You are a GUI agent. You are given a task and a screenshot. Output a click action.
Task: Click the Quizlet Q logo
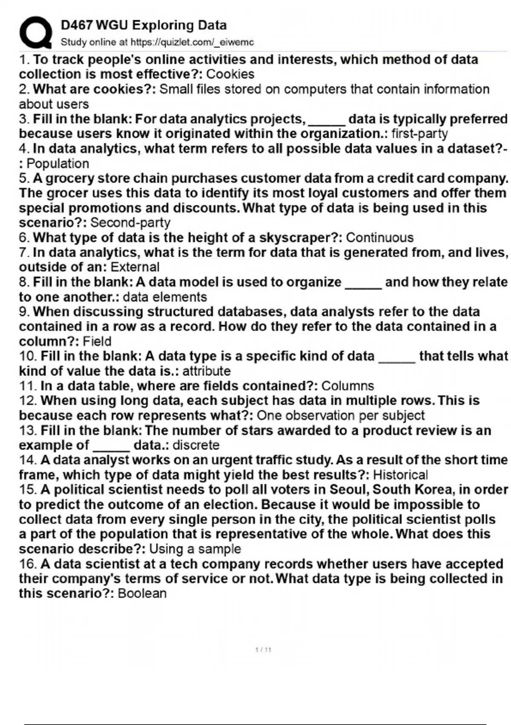click(35, 33)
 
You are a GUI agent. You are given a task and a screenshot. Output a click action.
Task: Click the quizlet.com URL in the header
click(192, 42)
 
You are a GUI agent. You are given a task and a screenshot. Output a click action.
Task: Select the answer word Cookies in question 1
click(230, 74)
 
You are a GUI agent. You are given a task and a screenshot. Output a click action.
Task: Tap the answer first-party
click(419, 133)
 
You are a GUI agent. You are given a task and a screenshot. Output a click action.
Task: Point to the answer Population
click(58, 163)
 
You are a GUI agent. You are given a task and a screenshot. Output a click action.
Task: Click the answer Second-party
click(130, 223)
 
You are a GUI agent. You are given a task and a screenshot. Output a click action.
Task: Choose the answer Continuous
click(380, 238)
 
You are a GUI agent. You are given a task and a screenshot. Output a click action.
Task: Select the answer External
click(135, 267)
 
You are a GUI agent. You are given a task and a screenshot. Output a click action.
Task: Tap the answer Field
click(97, 341)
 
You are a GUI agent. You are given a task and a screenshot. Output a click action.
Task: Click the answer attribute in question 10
click(207, 371)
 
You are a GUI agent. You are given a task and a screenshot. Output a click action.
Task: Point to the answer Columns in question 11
click(347, 386)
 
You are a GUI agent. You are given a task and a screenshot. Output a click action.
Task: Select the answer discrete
click(196, 445)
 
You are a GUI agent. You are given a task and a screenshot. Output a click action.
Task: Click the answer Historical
click(400, 475)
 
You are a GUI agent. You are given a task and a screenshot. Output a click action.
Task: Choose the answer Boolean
click(142, 593)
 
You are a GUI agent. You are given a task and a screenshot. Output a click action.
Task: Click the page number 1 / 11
click(263, 650)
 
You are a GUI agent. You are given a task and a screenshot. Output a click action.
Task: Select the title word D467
click(77, 25)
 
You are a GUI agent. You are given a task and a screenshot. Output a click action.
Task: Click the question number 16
click(28, 564)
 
